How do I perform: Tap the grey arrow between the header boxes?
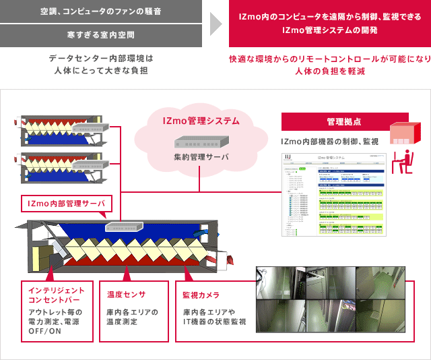click(x=215, y=23)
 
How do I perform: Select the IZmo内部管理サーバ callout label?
click(x=65, y=203)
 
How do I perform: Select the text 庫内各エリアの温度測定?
click(x=132, y=317)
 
